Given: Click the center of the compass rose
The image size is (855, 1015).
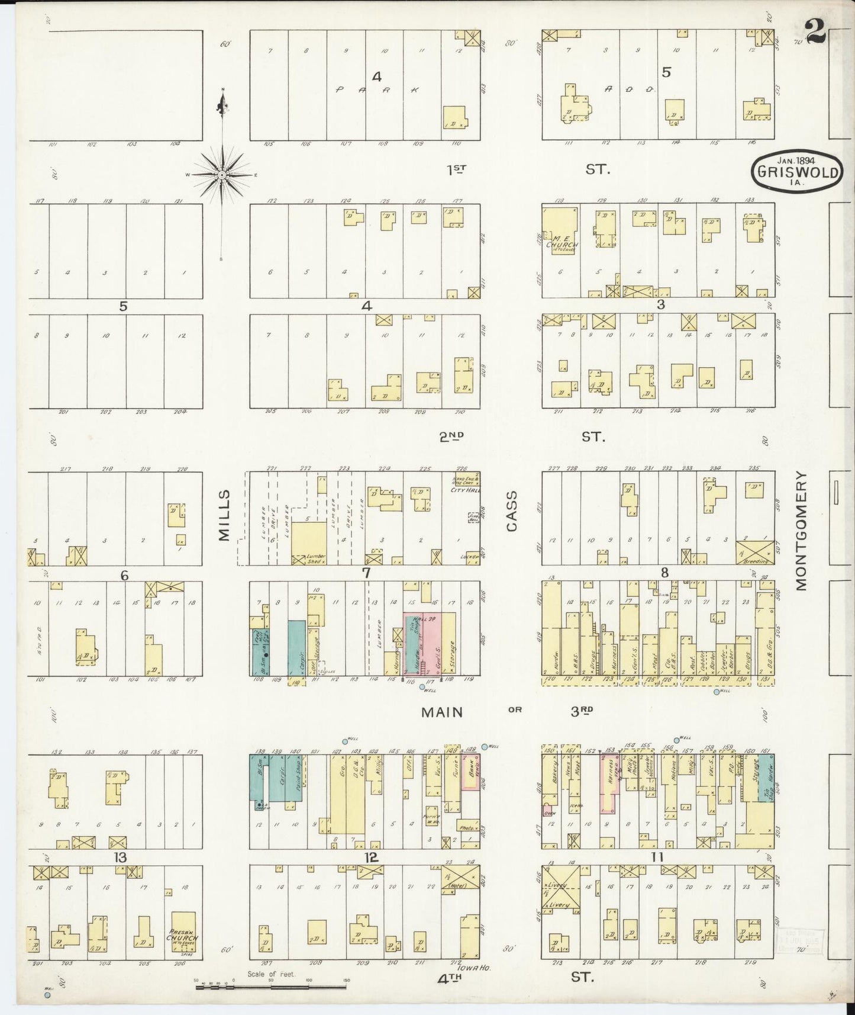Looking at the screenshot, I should pyautogui.click(x=221, y=175).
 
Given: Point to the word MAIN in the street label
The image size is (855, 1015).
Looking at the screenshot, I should pyautogui.click(x=441, y=712).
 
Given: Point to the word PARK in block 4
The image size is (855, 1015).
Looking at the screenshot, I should pyautogui.click(x=378, y=90).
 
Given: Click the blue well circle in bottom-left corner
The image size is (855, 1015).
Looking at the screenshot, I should pyautogui.click(x=48, y=995).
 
